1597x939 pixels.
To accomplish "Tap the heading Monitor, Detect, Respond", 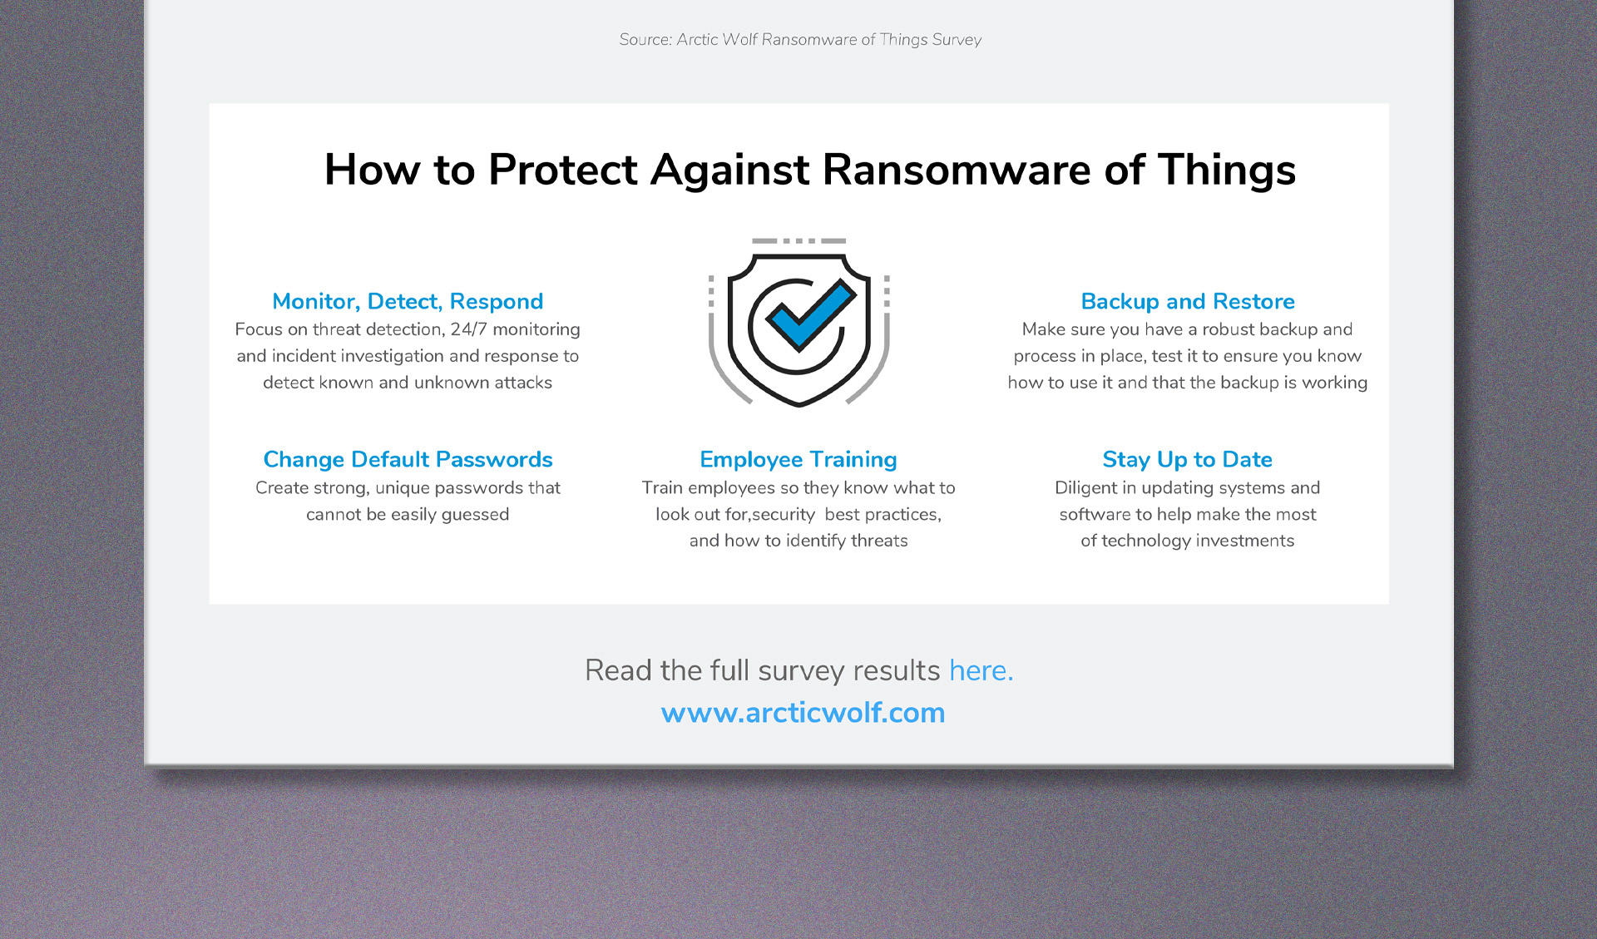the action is (x=408, y=301).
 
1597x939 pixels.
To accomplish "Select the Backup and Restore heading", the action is (x=1188, y=301).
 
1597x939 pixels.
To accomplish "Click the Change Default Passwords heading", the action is (x=408, y=459).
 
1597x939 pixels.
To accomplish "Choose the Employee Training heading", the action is (x=798, y=460).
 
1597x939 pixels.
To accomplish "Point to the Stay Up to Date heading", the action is (x=1187, y=460).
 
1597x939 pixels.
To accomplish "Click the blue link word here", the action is (x=981, y=670).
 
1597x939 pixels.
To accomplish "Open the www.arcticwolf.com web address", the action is (x=803, y=713).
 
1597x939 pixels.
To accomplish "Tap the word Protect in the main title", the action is (x=563, y=170).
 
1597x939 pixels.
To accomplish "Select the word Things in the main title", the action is (x=1227, y=171).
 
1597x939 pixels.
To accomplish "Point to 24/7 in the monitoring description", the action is (x=468, y=329).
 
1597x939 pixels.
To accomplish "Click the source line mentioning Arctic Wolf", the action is (x=800, y=39).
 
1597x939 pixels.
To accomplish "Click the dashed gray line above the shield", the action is (x=798, y=241).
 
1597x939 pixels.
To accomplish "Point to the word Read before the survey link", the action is (x=618, y=670).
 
